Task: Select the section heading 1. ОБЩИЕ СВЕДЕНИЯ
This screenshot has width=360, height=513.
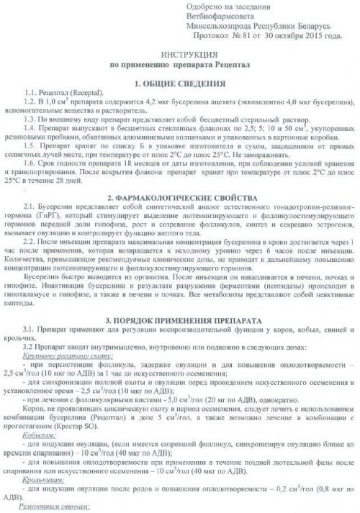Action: click(179, 82)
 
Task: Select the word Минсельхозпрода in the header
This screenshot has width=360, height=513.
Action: click(222, 25)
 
